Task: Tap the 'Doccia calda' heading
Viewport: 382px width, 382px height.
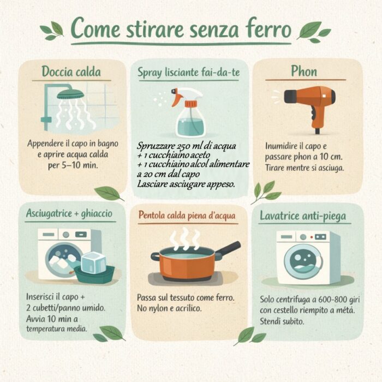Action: click(x=71, y=71)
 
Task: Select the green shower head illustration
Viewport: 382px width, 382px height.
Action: click(x=70, y=93)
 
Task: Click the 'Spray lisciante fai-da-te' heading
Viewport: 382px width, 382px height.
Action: click(x=189, y=73)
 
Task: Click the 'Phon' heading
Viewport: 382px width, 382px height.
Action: click(x=304, y=71)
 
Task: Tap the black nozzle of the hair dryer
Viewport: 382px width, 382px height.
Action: click(x=290, y=97)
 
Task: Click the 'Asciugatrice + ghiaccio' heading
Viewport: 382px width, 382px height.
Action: click(x=69, y=213)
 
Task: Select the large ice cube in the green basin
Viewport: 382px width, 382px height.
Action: click(x=93, y=262)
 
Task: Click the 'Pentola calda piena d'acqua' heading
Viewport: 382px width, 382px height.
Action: click(x=187, y=216)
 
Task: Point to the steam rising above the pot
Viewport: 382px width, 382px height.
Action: click(x=184, y=238)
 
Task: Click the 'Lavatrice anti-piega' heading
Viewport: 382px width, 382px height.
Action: click(x=303, y=216)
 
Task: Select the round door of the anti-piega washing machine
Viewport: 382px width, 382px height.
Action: click(x=303, y=262)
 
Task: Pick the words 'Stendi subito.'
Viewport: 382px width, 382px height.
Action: click(x=282, y=321)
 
